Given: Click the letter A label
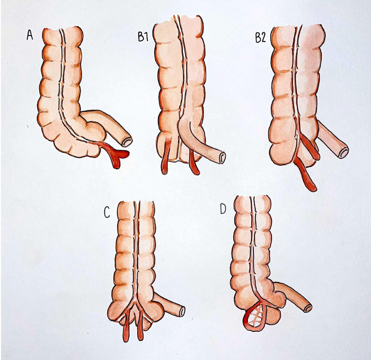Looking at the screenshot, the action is coord(30,35).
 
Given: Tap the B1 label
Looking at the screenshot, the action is coord(144,38).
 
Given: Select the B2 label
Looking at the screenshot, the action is coord(261,38).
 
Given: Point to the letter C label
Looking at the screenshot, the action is coord(107,213).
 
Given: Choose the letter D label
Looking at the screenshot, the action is coord(223,210).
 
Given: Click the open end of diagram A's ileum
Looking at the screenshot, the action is coord(127,141).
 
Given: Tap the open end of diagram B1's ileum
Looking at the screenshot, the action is coord(222,157).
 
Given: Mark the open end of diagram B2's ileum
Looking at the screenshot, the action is coord(344,152).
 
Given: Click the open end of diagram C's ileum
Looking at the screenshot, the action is coord(181,311).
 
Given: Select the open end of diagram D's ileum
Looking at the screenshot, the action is coord(308,308).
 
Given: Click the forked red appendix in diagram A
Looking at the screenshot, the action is coord(115,154).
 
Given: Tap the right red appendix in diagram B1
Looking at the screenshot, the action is coord(195,164).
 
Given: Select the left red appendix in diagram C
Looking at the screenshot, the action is coord(126,326).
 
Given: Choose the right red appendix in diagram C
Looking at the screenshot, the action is coord(140,326).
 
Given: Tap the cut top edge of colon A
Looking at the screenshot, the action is coord(63,29).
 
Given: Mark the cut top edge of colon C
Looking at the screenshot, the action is coord(137,202).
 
